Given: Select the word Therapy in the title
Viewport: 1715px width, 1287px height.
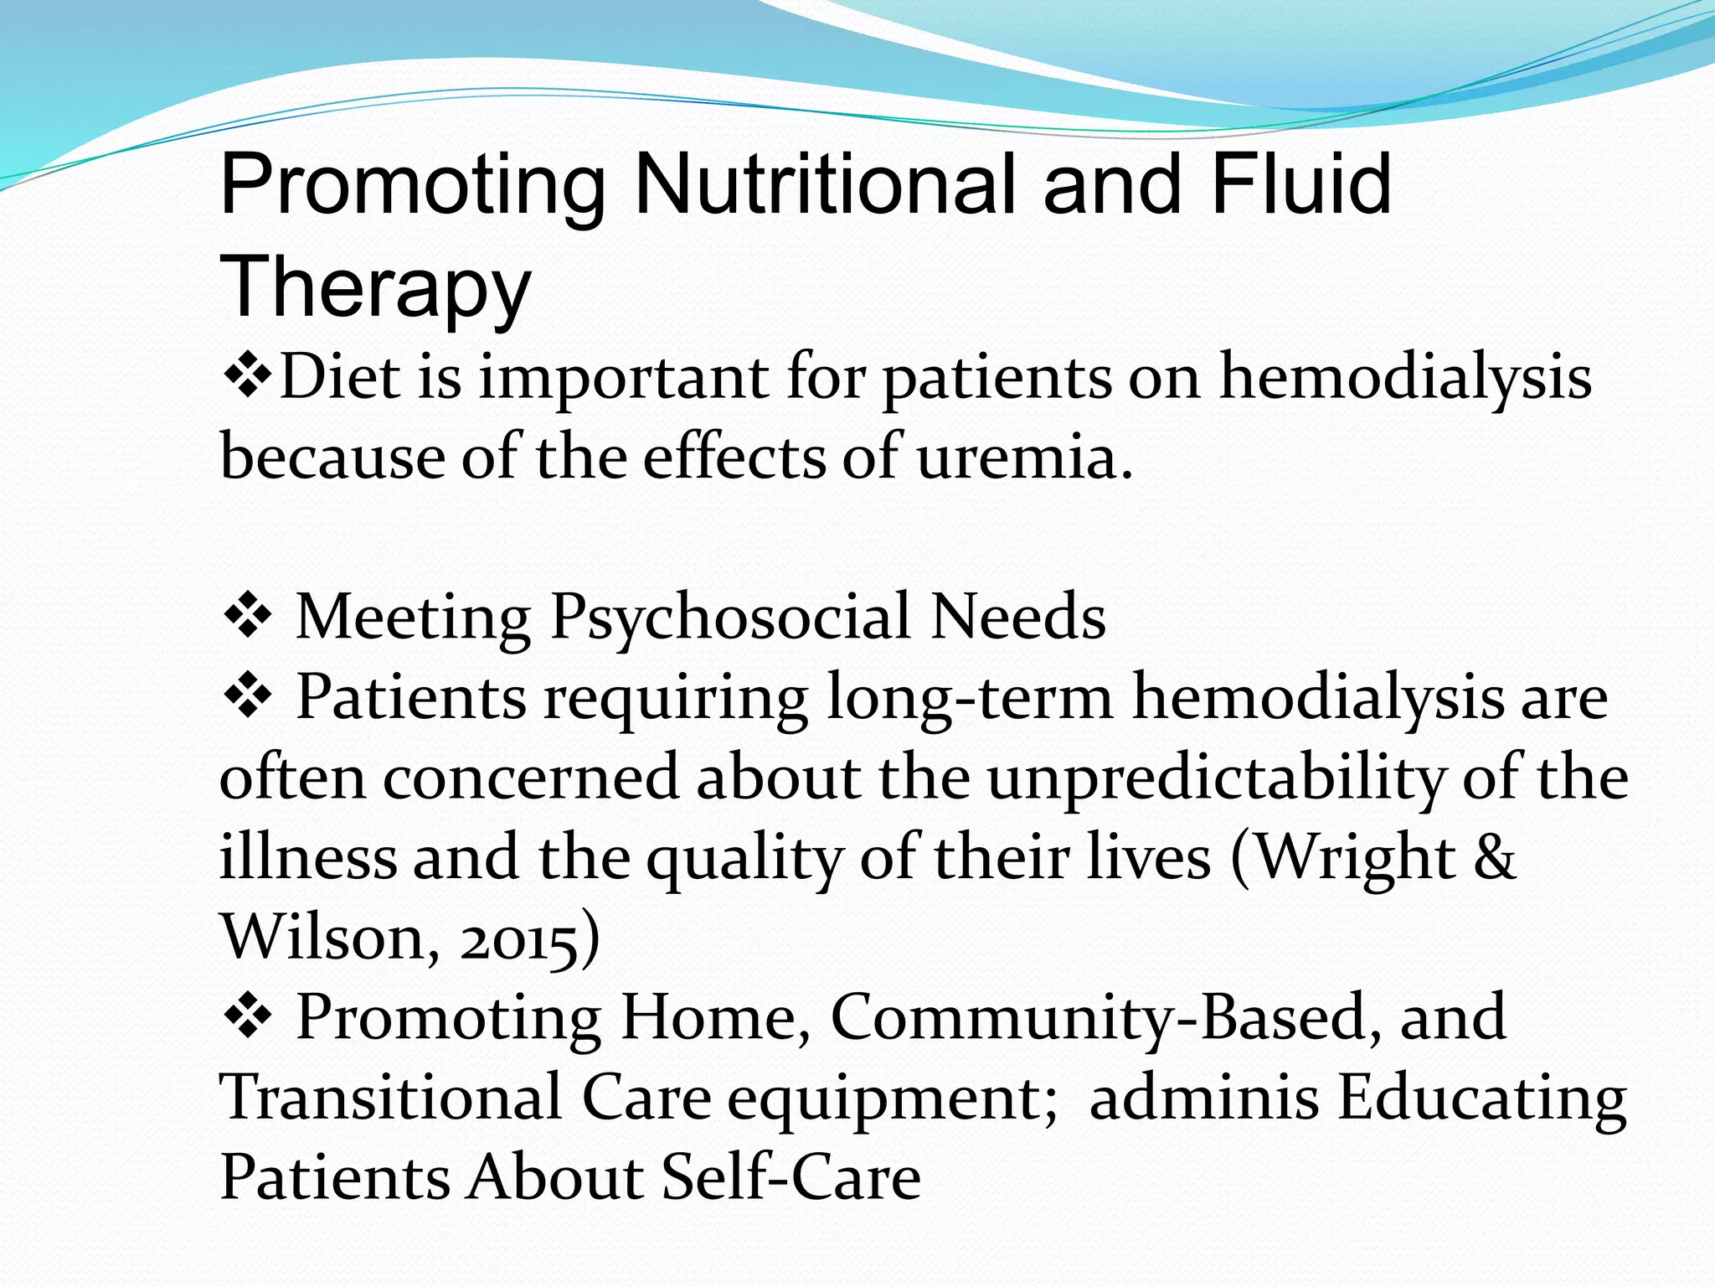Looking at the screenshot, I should coord(375,287).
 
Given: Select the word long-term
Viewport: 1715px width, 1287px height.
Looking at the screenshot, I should coord(970,698).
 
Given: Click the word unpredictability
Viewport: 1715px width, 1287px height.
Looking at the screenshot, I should coord(1214,778).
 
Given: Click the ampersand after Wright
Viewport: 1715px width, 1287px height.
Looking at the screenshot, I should coord(1495,857).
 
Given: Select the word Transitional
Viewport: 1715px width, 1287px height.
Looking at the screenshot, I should coord(390,1097).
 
